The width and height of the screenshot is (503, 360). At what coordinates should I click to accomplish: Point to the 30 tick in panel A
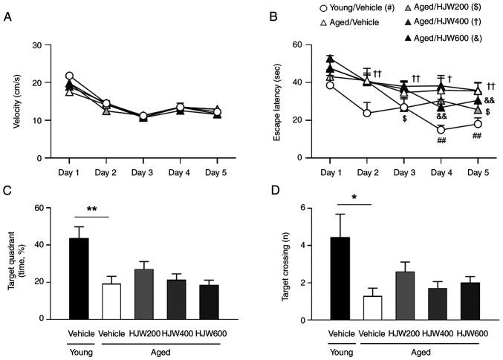click(x=39, y=46)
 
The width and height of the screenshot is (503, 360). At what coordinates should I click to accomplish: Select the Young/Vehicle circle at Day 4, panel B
click(x=441, y=130)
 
